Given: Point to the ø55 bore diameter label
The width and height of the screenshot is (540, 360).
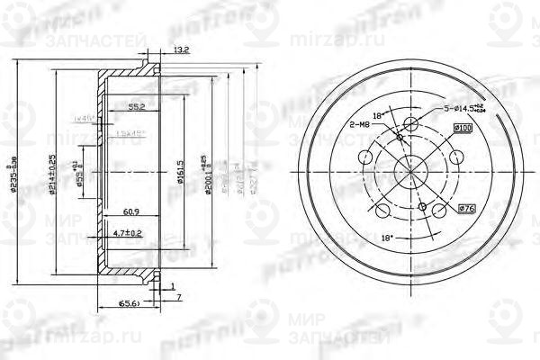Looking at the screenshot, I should tap(80, 171).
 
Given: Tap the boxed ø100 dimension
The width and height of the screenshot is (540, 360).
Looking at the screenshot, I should tap(463, 129).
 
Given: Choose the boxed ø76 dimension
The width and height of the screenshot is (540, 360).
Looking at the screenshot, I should tap(467, 210).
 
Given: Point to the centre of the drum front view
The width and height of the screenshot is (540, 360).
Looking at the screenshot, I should tap(411, 171).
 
